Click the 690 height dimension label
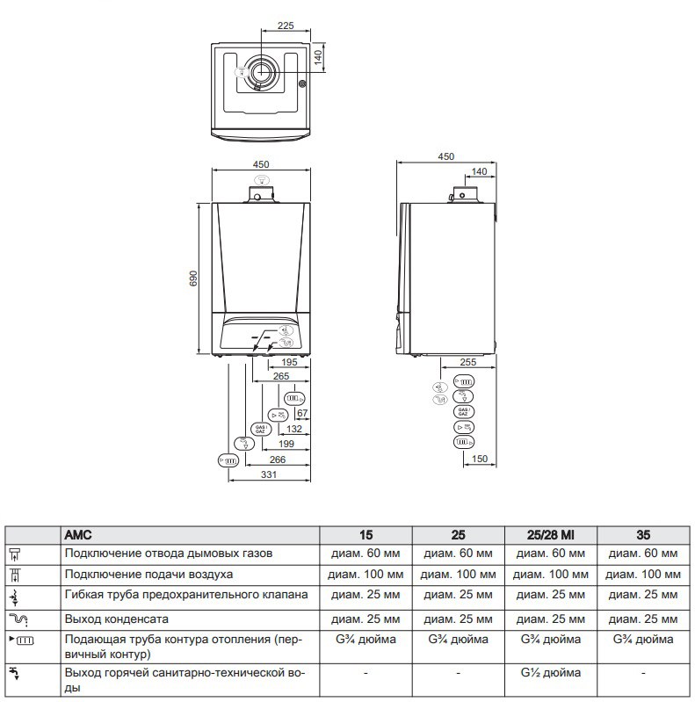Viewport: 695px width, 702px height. pos(194,278)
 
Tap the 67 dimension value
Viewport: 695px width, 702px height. pos(303,412)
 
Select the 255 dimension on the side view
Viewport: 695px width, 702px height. pos(469,362)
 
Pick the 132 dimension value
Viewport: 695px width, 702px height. pos(294,428)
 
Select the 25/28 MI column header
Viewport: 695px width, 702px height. pos(551,534)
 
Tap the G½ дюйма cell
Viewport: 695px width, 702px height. pos(551,674)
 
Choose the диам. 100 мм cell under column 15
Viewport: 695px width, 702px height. pos(366,575)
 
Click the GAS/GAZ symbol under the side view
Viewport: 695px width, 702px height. pos(464,411)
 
